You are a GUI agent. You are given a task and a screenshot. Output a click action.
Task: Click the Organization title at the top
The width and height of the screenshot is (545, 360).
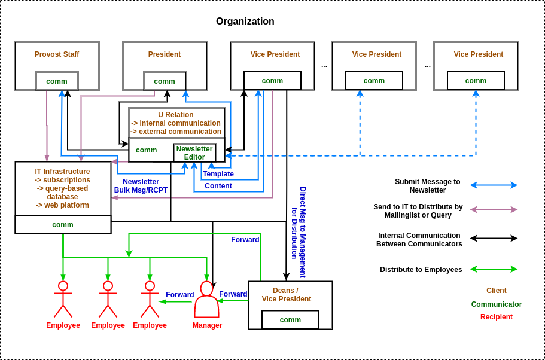[245, 22]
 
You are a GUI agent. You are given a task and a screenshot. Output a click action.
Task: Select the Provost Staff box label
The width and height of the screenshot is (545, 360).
[57, 54]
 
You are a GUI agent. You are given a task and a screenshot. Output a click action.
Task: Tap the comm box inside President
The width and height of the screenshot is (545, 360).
[165, 81]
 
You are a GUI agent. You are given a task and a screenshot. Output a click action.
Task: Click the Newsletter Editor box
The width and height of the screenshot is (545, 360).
[194, 152]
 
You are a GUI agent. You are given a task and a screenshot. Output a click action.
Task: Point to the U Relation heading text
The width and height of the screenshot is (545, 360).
[176, 115]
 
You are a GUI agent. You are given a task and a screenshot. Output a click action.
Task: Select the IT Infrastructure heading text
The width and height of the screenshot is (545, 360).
[62, 172]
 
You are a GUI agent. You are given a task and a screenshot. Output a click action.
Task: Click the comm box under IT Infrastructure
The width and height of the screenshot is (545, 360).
[63, 225]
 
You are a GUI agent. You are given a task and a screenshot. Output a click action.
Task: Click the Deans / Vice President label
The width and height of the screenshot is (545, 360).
[286, 295]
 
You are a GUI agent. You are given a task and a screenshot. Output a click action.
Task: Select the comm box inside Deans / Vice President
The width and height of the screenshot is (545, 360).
[290, 320]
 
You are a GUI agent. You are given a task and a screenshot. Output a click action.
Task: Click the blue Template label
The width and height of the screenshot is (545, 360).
[218, 174]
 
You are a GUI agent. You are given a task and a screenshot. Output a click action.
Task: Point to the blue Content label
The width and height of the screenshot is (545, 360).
[218, 186]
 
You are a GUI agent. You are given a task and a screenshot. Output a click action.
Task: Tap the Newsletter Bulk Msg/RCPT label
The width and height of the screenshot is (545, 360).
[141, 186]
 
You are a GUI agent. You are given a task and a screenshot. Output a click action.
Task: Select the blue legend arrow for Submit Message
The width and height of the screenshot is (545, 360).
[494, 185]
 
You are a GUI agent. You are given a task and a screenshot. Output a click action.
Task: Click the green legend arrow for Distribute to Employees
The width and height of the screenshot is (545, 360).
[494, 269]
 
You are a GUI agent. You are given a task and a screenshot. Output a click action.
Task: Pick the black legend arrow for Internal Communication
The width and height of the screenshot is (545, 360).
[494, 238]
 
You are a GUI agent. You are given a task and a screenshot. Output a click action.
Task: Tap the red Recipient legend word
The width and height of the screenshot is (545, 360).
[496, 317]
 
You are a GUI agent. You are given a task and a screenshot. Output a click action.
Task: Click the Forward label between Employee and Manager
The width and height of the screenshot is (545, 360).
[179, 295]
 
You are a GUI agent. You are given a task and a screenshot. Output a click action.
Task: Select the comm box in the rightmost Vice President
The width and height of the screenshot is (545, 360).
[476, 81]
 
